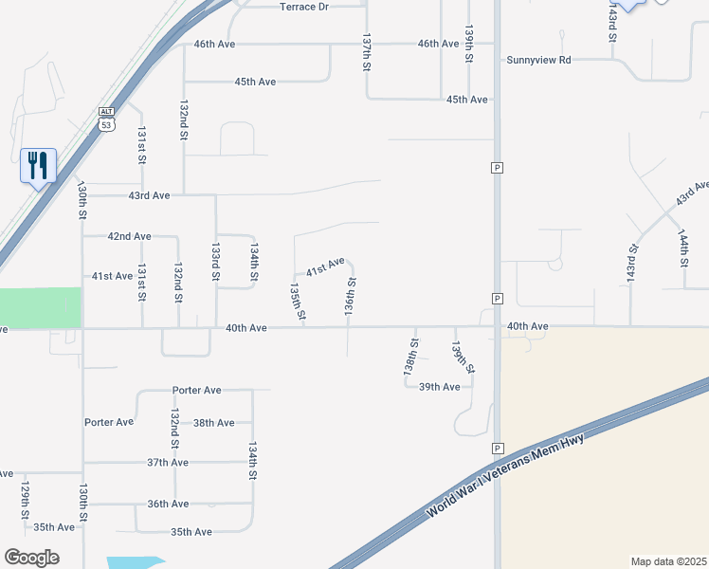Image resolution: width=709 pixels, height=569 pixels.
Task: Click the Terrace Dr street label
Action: [303, 7]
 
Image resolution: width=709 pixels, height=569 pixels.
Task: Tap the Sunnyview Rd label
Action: [538, 59]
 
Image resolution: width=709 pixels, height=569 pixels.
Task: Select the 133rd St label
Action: [216, 261]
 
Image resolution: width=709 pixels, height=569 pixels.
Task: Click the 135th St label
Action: [298, 300]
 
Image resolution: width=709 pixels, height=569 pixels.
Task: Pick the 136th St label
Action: [350, 296]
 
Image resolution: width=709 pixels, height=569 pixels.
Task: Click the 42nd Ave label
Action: [129, 236]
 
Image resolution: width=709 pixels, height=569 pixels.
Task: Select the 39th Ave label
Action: [440, 387]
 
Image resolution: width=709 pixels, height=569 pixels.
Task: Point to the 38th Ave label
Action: [213, 423]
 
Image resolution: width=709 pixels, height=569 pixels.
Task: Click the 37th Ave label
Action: [168, 463]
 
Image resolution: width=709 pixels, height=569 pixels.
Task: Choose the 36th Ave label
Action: [168, 504]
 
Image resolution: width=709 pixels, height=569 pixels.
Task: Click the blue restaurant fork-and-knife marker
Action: [38, 166]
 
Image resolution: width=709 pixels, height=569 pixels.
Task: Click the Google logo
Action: [31, 558]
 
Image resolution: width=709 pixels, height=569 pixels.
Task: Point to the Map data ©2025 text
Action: [668, 560]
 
